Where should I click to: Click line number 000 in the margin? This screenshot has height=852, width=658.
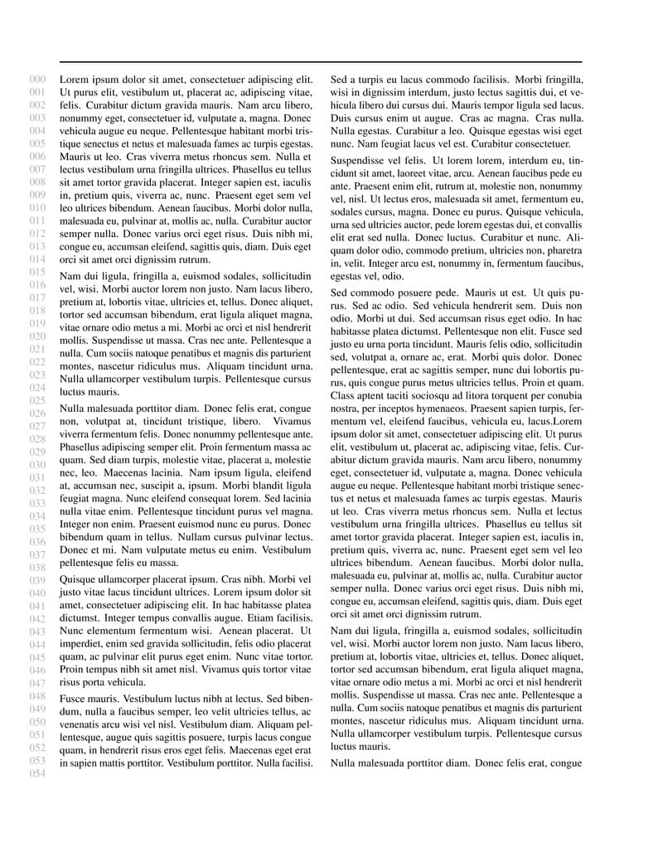(37, 80)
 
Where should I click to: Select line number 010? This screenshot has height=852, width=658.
(37, 208)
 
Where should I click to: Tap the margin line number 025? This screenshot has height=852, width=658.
(37, 400)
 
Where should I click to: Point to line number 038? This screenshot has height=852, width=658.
(37, 568)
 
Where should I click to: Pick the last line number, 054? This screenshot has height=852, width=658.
(37, 774)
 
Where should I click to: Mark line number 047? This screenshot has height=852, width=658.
(37, 684)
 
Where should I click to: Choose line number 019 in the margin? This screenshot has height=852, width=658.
(37, 323)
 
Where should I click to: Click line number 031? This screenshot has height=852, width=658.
(37, 477)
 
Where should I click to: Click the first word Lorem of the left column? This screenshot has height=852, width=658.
(75, 80)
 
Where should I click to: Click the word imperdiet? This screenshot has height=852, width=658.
(82, 643)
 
